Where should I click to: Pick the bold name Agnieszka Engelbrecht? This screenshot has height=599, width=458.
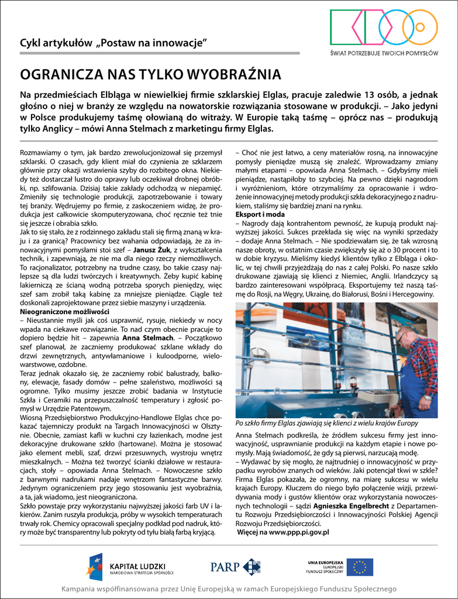click(x=351, y=505)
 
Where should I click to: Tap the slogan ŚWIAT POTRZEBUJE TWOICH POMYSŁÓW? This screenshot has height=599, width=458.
click(x=384, y=53)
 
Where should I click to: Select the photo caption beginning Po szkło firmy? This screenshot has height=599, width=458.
click(x=326, y=423)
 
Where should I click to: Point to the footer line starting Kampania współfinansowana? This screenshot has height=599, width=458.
click(x=229, y=588)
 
